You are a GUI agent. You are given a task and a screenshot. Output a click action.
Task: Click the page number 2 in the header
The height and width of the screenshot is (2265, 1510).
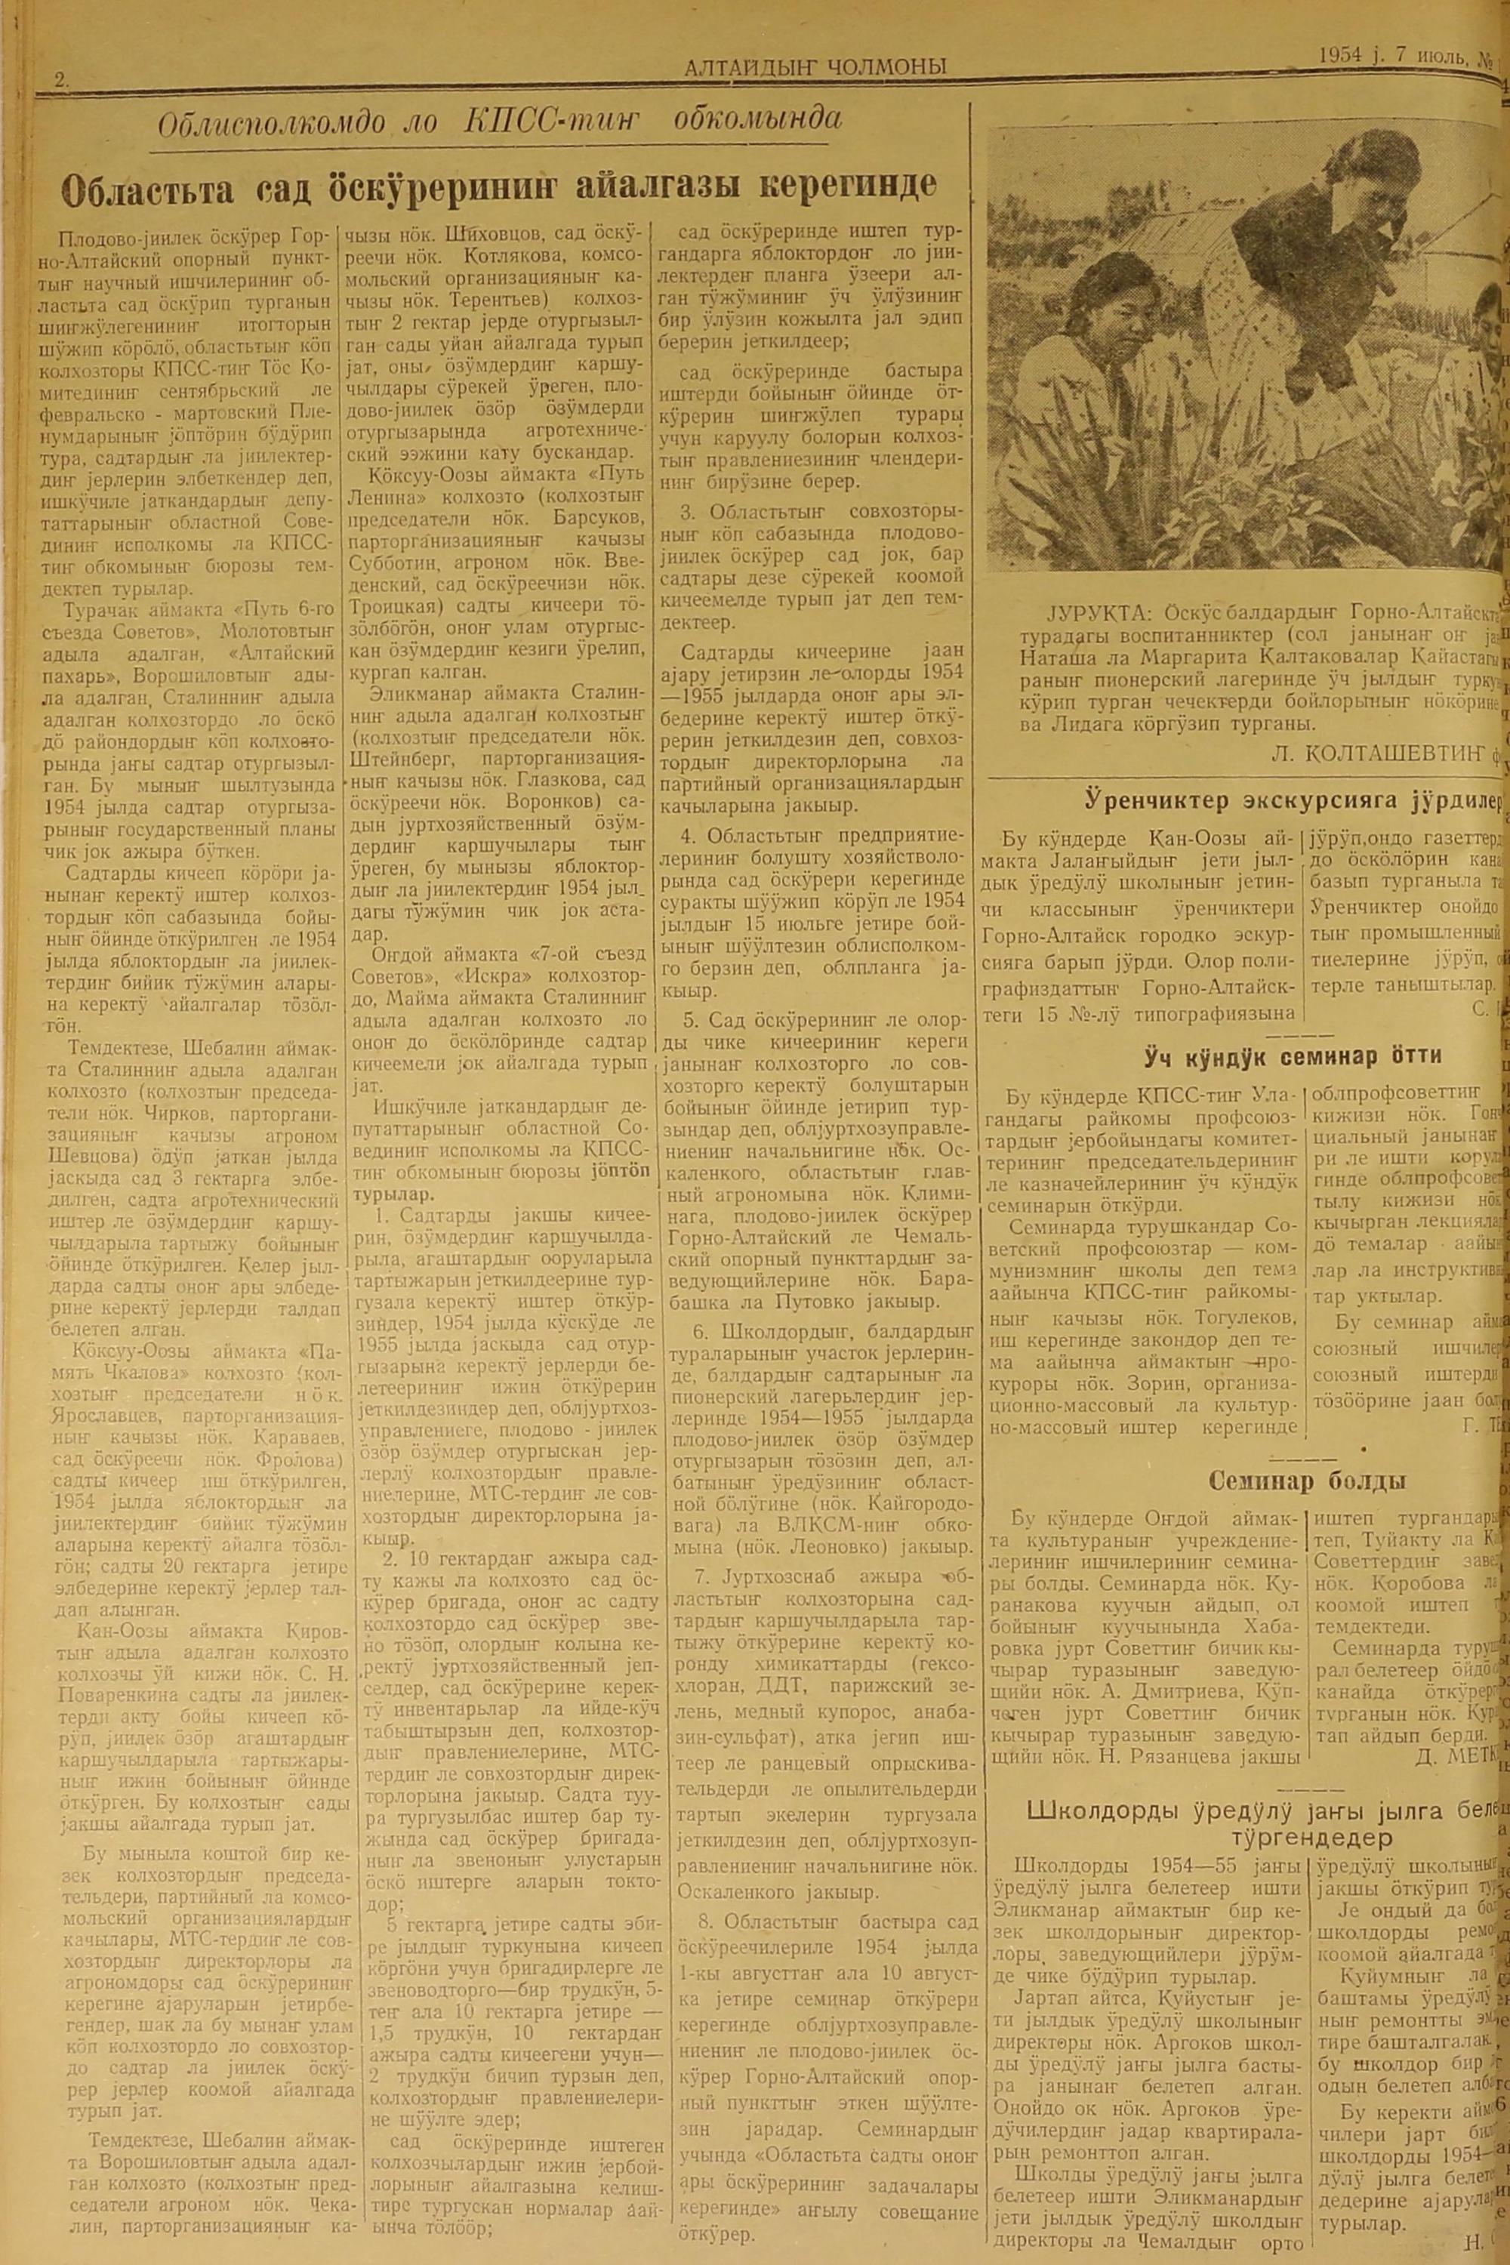[63, 82]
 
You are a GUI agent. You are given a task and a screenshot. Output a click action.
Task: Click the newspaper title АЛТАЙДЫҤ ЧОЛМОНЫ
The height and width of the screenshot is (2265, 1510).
[814, 66]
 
